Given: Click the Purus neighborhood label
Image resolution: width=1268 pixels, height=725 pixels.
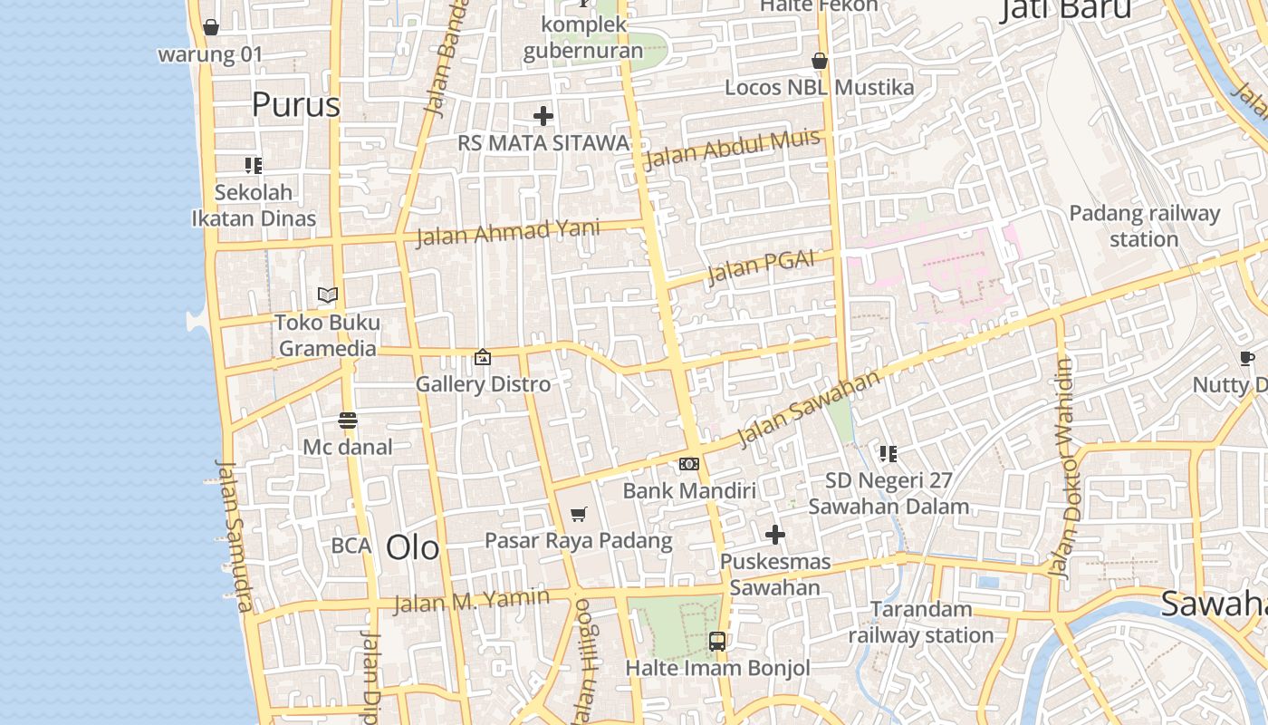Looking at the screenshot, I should (295, 105).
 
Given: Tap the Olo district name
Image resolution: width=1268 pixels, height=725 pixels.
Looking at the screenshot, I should (412, 547).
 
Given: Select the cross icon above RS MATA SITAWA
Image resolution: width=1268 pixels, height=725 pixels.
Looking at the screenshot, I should (543, 116).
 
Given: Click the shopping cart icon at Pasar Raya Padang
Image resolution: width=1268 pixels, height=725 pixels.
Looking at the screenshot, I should (579, 515).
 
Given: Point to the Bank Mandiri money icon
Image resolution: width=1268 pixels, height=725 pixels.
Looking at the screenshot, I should (689, 464).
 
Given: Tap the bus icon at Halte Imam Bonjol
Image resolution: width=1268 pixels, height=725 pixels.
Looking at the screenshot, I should (717, 642).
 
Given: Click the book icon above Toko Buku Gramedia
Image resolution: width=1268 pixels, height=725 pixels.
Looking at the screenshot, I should (328, 295).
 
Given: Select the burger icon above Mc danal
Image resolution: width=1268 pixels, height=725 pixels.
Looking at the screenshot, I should (348, 420).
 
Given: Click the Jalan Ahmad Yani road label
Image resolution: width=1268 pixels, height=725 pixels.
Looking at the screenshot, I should (507, 232).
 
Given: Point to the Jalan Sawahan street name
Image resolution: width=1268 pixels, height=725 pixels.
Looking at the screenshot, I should (808, 408).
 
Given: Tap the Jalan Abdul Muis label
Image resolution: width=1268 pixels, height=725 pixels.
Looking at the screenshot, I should (731, 149).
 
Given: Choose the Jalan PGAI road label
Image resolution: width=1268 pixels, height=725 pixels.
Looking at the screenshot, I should (760, 266).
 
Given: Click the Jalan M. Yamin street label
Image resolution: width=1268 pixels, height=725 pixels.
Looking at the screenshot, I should (471, 600).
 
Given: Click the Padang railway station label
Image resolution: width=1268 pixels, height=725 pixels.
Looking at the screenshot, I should (1144, 227).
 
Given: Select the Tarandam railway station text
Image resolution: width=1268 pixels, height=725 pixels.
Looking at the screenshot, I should (921, 622).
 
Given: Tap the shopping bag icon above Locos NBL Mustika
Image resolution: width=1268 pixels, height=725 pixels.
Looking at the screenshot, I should (820, 61).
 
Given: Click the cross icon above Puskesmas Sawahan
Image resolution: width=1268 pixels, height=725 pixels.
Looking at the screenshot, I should (775, 535).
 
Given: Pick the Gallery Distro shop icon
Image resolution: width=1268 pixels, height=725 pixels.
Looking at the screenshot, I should (483, 357).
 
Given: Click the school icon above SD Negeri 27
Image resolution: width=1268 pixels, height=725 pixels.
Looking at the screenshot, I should (888, 453).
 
